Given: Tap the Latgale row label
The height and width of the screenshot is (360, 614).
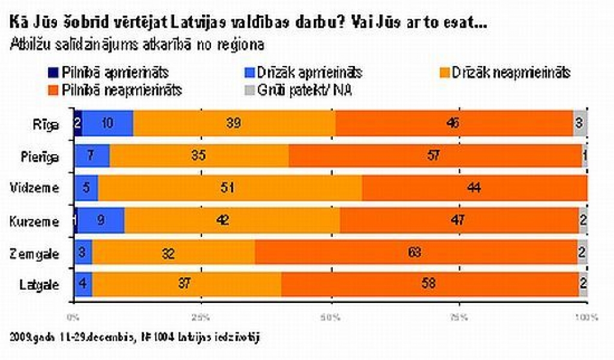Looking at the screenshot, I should point(39,285).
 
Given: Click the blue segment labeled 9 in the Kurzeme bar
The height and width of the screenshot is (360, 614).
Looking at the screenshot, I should point(101,221).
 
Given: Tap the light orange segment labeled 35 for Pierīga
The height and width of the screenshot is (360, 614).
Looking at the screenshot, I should point(198,156).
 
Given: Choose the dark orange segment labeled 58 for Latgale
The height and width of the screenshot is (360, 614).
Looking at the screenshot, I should point(430,285).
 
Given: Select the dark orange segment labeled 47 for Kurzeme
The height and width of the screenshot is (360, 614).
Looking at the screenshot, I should point(459,221).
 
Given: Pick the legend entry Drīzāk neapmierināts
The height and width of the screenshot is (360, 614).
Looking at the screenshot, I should point(509,73).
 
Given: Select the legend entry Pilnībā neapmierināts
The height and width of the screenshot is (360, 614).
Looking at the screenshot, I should point(114,91).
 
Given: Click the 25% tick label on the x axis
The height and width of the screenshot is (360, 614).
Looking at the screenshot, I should point(202,316).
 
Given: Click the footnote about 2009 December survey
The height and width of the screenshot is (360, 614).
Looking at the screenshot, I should point(135,337).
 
